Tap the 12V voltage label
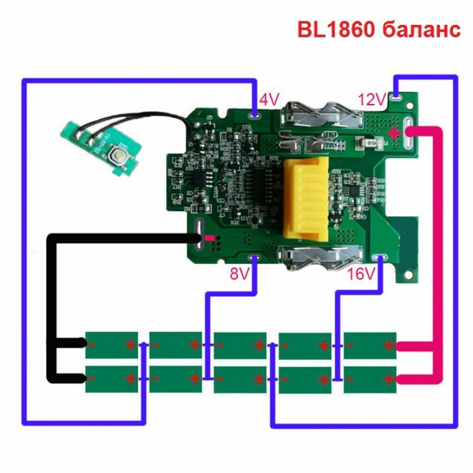coord(371,100)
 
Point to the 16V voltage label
coord(362,274)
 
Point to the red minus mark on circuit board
coord(209,239)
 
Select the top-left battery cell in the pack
coord(112,344)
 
